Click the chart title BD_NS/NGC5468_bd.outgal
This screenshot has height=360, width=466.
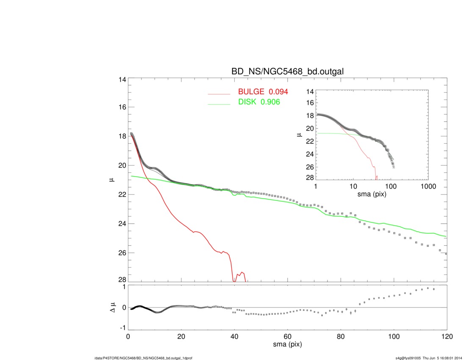pos(287,72)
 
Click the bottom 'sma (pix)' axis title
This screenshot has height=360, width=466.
pos(287,345)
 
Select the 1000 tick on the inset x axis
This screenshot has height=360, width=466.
pos(428,187)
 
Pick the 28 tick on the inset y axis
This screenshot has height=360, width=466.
pos(309,177)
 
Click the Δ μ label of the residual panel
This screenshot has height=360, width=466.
pos(112,307)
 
